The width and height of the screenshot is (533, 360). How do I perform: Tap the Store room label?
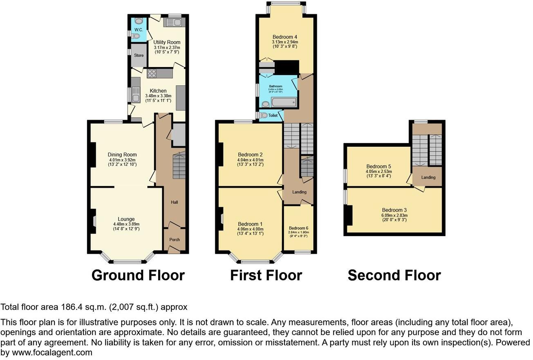tap(139, 55)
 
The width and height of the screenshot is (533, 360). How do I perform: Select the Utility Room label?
tap(167, 42)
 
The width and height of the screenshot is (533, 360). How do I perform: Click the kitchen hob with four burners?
tap(152, 74)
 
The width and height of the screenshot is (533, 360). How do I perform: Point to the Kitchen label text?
tap(158, 91)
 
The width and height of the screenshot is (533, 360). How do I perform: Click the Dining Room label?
tap(122, 154)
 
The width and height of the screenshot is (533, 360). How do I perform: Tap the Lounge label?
tap(126, 219)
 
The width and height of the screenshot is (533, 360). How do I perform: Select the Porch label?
tap(175, 239)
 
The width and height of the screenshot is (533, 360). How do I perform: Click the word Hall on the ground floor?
tap(175, 202)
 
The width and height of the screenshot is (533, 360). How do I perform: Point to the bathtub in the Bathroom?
tap(283, 102)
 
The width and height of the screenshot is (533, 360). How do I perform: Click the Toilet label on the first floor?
tap(273, 116)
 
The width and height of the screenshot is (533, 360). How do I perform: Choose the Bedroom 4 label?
tap(285, 37)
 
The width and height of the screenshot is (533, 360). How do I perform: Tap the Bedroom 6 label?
tap(298, 228)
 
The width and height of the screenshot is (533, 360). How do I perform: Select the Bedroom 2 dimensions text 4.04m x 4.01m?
tap(250, 160)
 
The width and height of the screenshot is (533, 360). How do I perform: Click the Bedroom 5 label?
tap(378, 166)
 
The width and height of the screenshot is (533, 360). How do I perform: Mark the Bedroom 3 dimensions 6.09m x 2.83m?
tap(394, 215)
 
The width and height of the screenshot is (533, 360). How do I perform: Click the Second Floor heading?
tap(394, 275)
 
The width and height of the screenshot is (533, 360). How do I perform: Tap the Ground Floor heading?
tap(138, 275)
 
